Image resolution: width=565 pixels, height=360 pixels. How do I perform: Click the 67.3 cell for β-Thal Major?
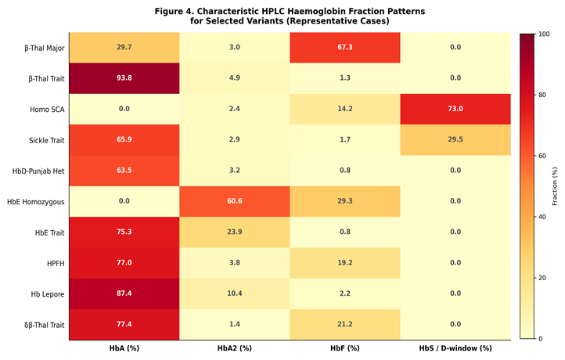pyautogui.click(x=345, y=48)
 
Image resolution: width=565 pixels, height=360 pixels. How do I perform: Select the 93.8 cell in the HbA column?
pyautogui.click(x=124, y=78)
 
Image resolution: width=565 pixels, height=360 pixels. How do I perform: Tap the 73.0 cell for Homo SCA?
pyautogui.click(x=455, y=109)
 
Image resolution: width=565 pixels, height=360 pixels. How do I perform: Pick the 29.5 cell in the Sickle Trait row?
pyautogui.click(x=455, y=140)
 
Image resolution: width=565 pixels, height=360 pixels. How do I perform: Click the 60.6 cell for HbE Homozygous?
pyautogui.click(x=235, y=201)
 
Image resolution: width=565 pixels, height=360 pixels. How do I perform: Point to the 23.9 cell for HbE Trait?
pyautogui.click(x=235, y=232)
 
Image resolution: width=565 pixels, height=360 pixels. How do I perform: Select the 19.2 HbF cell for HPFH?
pyautogui.click(x=345, y=263)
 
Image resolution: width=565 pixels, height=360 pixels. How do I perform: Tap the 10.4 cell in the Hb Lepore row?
pyautogui.click(x=235, y=293)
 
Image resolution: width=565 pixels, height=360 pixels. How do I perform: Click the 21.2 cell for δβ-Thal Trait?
pyautogui.click(x=345, y=324)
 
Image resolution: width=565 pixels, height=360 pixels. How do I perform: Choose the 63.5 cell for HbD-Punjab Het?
pyautogui.click(x=124, y=171)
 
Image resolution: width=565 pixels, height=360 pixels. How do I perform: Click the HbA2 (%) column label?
pyautogui.click(x=235, y=348)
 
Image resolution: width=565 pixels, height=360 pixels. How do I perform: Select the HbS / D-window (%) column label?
pyautogui.click(x=455, y=348)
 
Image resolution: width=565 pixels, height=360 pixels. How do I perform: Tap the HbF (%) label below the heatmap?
pyautogui.click(x=345, y=348)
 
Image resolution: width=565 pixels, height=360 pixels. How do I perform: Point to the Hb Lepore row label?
pyautogui.click(x=48, y=294)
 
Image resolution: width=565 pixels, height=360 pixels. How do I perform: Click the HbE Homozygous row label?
pyautogui.click(x=36, y=202)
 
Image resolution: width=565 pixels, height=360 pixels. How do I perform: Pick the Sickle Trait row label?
pyautogui.click(x=47, y=140)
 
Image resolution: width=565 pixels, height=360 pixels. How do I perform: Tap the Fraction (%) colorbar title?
pyautogui.click(x=555, y=186)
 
